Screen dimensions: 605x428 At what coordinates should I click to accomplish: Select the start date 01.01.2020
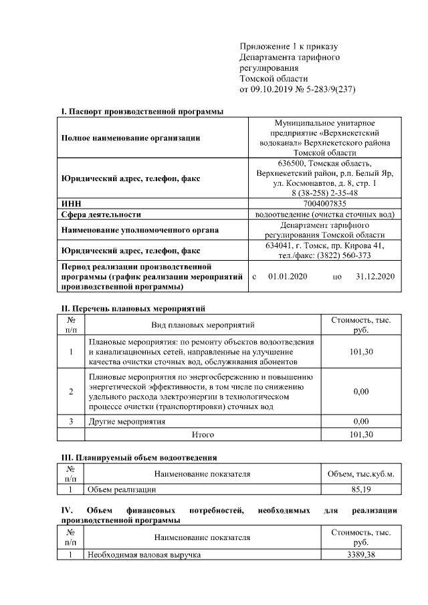pos(287,276)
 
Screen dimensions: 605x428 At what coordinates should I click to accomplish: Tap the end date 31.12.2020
pos(376,276)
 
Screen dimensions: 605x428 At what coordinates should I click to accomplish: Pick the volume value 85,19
pos(360,489)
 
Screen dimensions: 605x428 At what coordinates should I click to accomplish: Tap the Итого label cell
pos(203,435)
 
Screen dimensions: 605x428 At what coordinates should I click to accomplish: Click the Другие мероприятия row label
pos(127,422)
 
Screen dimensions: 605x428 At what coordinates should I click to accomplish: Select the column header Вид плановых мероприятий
pos(203,325)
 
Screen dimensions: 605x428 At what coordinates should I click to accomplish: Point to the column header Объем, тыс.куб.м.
pos(360,474)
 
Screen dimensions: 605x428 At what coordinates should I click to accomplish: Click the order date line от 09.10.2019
pos(294,89)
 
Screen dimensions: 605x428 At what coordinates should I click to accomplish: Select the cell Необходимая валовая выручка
pos(144,555)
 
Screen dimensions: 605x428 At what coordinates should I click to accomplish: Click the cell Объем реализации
pos(122,489)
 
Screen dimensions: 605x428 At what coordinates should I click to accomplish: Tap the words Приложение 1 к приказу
pos(289,46)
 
